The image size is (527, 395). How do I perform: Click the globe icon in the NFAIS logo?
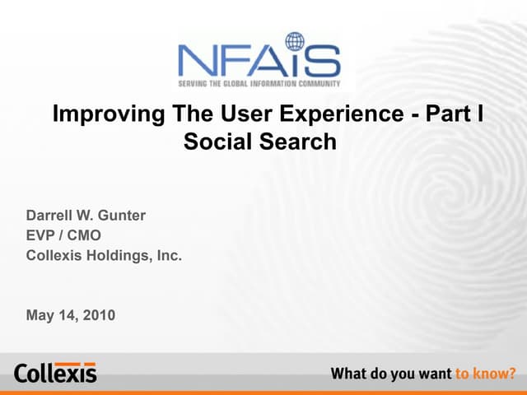[295, 42]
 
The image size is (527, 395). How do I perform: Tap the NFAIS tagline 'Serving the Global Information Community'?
[260, 83]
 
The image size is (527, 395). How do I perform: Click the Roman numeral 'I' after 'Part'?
[478, 114]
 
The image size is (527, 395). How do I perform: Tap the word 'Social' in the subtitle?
[217, 142]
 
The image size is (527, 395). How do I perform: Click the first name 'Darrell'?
[52, 216]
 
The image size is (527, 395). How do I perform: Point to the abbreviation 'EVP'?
[42, 236]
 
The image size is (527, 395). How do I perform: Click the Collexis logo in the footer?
[54, 372]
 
